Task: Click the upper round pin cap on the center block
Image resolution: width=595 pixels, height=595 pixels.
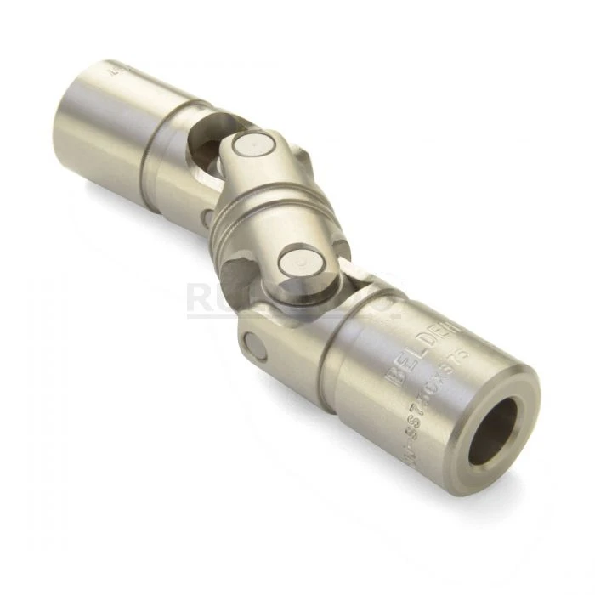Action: point(248,144)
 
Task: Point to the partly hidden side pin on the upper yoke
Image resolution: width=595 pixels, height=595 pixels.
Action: point(207,218)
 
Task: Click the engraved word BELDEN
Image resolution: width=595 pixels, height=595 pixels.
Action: point(422,352)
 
